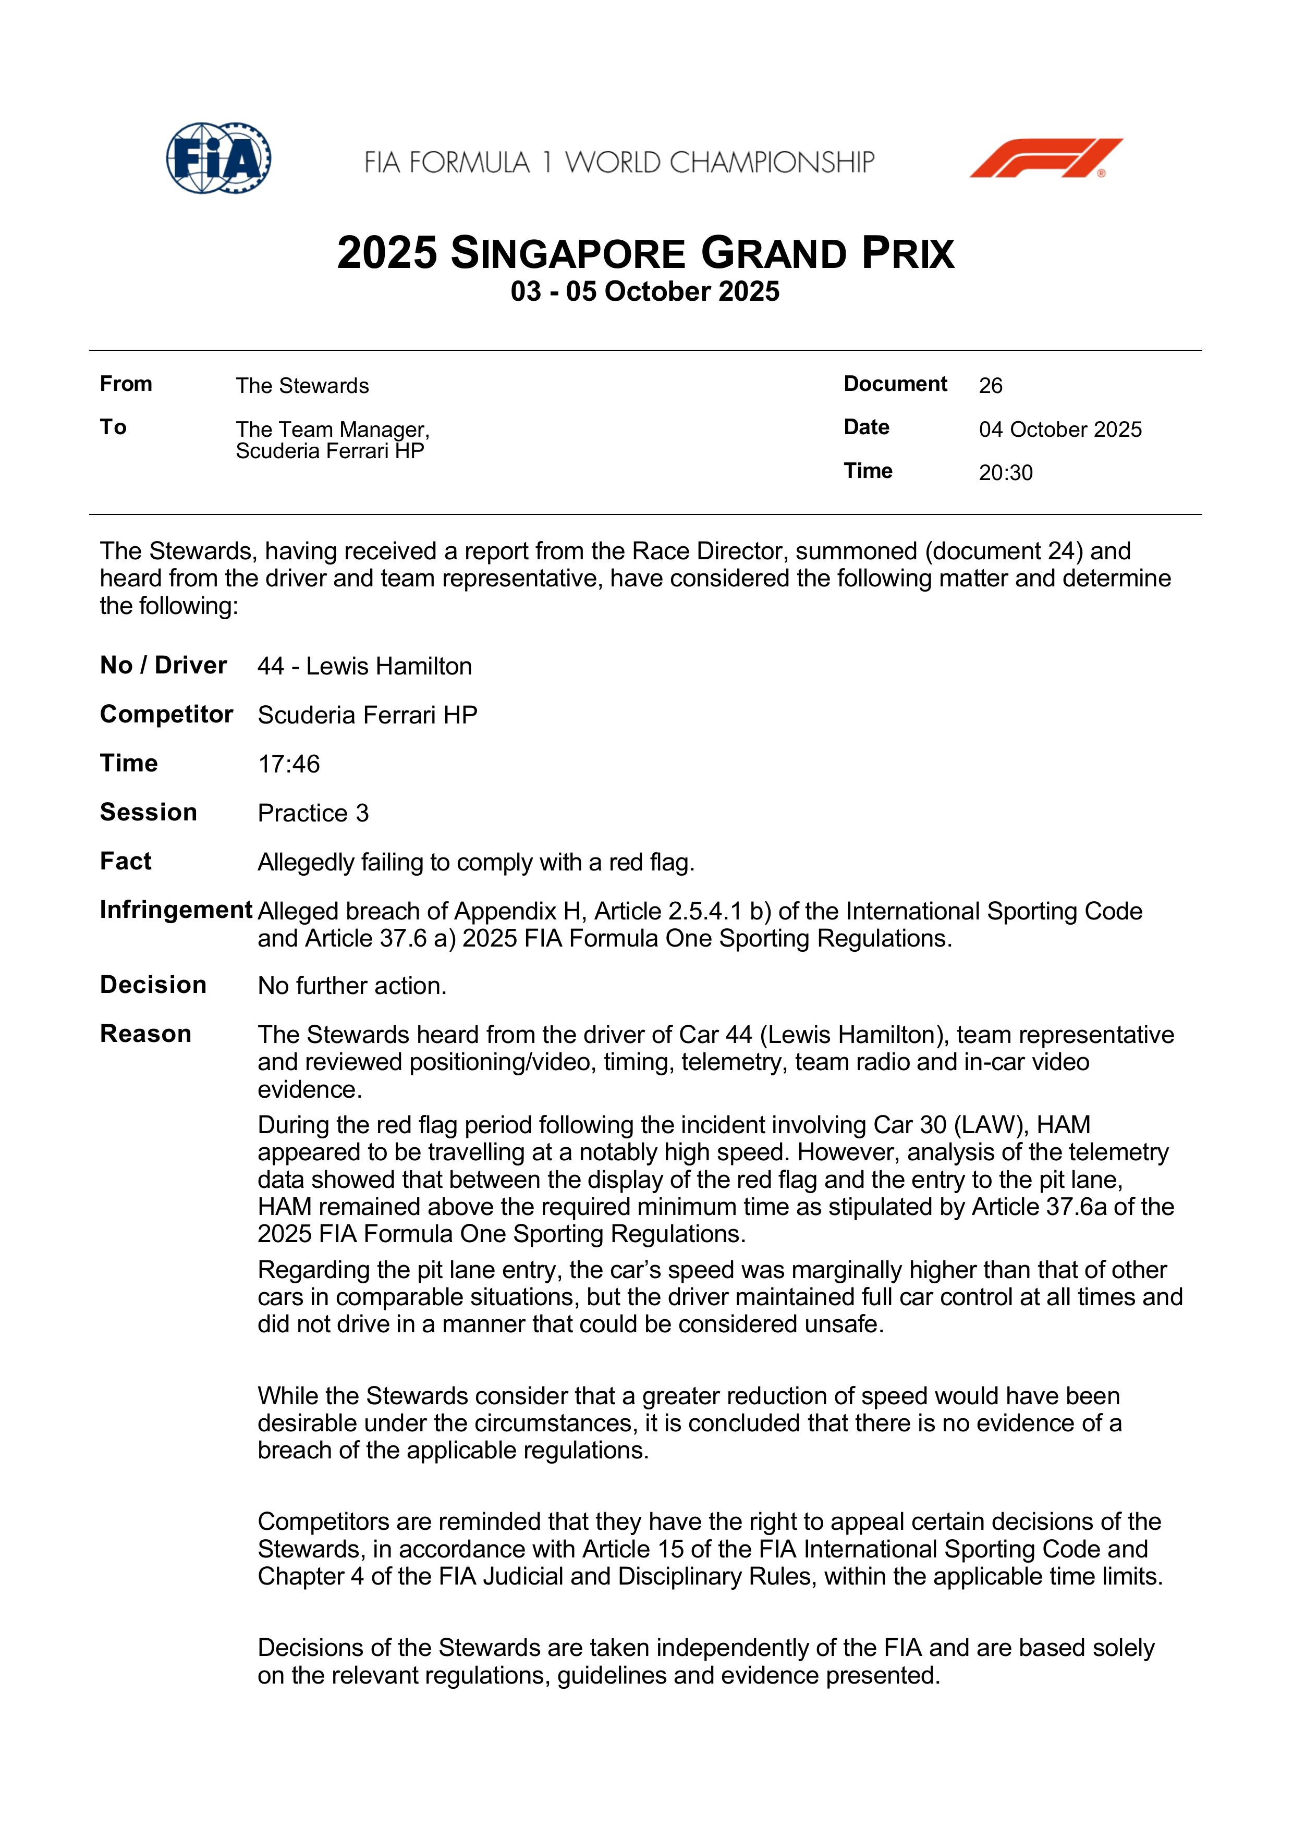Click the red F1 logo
(1045, 158)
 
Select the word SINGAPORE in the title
(567, 254)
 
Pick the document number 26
(990, 386)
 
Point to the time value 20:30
(1005, 473)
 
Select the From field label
(126, 384)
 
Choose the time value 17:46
(288, 764)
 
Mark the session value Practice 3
(313, 813)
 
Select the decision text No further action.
(351, 986)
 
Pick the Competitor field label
(166, 715)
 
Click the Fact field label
(125, 861)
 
